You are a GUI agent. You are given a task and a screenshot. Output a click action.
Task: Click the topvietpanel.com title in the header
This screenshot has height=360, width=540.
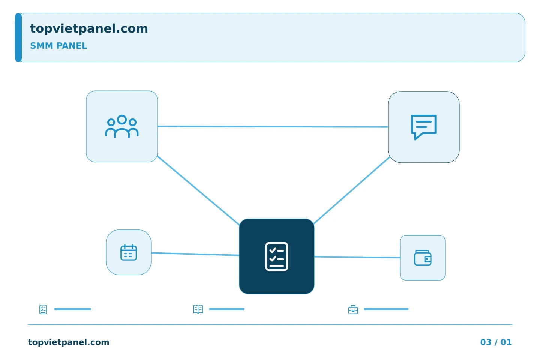pyautogui.click(x=89, y=29)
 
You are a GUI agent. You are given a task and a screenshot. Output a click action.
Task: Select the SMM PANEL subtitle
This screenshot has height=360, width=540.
pyautogui.click(x=58, y=46)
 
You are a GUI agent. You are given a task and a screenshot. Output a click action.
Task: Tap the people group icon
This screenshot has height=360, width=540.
pyautogui.click(x=122, y=126)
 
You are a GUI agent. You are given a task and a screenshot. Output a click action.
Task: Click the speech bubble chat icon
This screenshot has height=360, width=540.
pyautogui.click(x=424, y=127)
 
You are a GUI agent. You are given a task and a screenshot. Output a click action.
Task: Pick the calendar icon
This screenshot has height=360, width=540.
pyautogui.click(x=129, y=252)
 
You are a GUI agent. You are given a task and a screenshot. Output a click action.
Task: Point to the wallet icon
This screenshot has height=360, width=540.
pyautogui.click(x=423, y=258)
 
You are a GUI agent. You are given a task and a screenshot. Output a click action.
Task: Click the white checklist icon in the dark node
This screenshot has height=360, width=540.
pyautogui.click(x=276, y=256)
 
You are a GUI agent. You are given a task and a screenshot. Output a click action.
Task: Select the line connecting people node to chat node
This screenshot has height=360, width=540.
pyautogui.click(x=273, y=127)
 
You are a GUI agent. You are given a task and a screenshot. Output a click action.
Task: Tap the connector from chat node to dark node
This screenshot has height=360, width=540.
pyautogui.click(x=352, y=190)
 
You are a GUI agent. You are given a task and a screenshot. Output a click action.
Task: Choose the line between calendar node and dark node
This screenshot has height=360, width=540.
pyautogui.click(x=195, y=254)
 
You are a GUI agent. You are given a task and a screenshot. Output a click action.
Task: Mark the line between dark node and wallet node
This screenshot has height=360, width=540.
pyautogui.click(x=357, y=257)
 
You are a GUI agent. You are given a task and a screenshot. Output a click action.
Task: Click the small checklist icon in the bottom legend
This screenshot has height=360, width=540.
pyautogui.click(x=43, y=309)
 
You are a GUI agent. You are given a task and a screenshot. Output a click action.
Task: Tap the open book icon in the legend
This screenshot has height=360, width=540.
pyautogui.click(x=198, y=309)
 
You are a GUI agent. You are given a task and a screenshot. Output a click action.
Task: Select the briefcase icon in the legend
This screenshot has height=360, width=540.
pyautogui.click(x=353, y=309)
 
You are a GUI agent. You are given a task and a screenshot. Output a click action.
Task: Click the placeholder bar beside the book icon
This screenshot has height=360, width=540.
pyautogui.click(x=227, y=309)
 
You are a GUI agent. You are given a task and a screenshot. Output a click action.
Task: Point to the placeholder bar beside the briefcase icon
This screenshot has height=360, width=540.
pyautogui.click(x=386, y=309)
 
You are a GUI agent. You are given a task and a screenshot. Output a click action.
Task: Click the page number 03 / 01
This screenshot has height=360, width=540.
pyautogui.click(x=496, y=342)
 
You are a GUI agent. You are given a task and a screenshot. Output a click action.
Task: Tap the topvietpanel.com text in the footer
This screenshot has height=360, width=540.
pyautogui.click(x=69, y=342)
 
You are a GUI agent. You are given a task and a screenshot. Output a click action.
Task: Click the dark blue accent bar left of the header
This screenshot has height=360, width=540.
pyautogui.click(x=18, y=37)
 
